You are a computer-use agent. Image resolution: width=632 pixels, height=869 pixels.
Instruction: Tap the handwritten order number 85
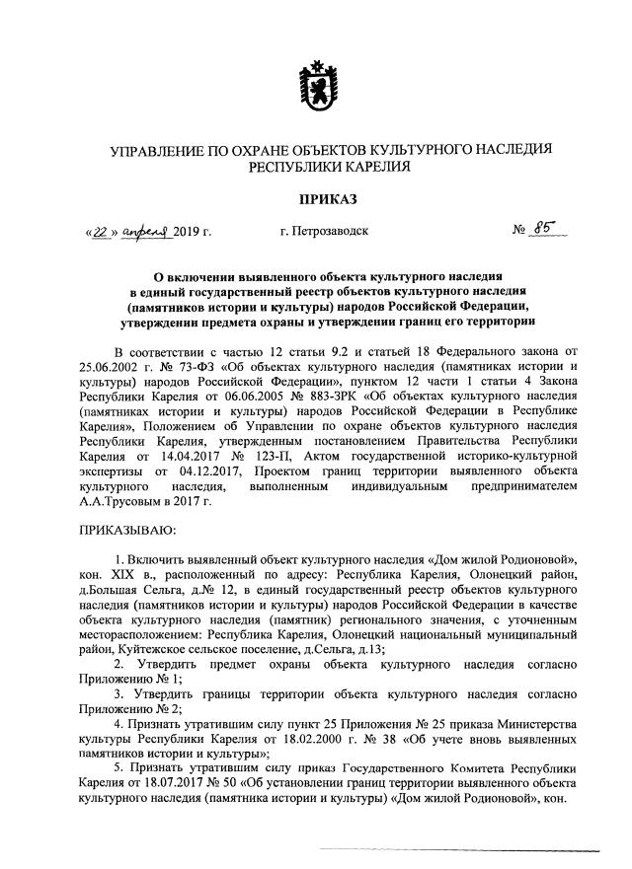point(542,230)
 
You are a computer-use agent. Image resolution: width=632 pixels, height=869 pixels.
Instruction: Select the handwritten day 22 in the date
point(99,232)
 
